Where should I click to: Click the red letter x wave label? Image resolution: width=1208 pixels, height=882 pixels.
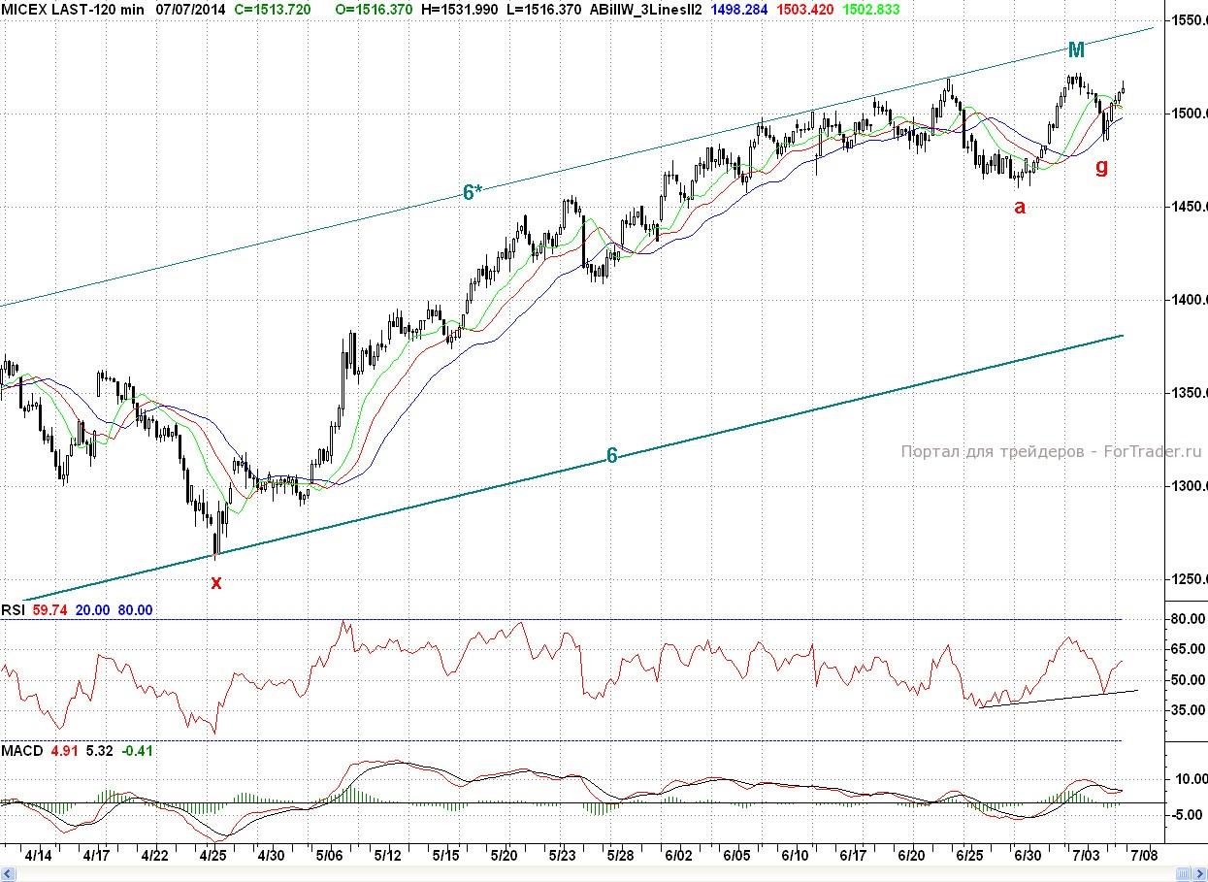(x=216, y=582)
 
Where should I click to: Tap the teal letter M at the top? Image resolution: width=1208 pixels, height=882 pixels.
(x=1076, y=50)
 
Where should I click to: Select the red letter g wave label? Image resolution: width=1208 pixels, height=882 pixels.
(x=1101, y=166)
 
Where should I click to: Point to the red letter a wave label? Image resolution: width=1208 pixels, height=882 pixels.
(x=1019, y=206)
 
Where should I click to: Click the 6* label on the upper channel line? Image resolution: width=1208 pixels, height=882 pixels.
(x=473, y=193)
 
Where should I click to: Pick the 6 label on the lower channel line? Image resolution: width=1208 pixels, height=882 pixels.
(x=612, y=455)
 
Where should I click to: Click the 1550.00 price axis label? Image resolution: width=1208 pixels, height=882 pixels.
(x=1186, y=19)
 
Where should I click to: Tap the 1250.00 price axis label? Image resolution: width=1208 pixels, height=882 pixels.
(x=1186, y=579)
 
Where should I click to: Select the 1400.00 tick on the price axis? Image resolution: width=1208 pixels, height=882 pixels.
(x=1186, y=300)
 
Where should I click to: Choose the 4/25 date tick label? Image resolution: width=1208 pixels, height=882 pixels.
(x=213, y=856)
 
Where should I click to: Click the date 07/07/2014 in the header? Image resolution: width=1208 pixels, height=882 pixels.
(x=195, y=9)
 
